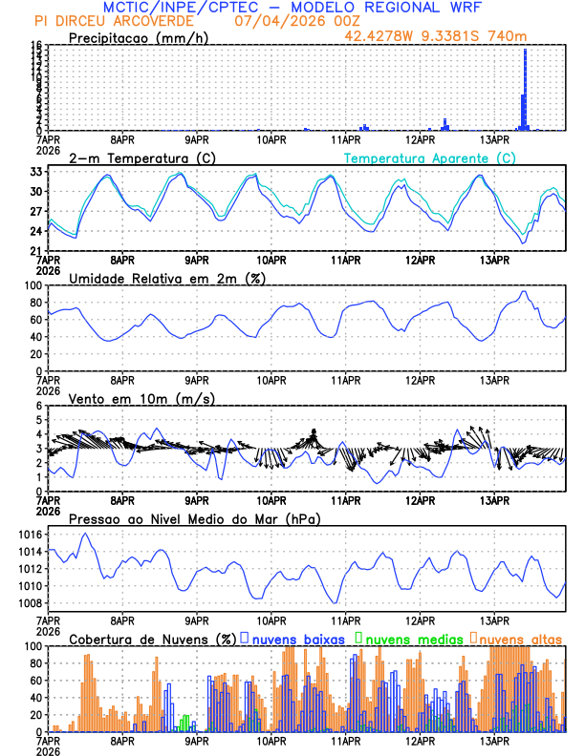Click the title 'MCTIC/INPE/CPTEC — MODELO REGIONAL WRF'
click(x=292, y=7)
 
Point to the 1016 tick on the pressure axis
click(x=29, y=535)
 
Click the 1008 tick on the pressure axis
click(x=29, y=603)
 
